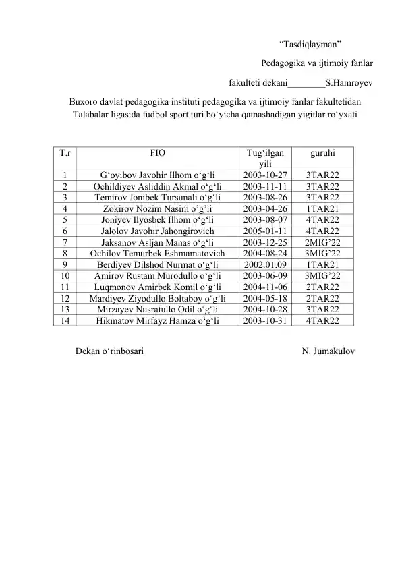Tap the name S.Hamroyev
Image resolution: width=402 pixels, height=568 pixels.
[349, 84]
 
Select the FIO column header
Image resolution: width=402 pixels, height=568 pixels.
[157, 154]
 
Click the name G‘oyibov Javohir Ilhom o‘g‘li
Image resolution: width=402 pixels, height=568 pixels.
[157, 175]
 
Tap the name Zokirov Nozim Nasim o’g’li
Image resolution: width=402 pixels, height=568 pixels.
[157, 208]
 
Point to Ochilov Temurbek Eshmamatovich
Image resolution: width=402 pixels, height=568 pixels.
[157, 253]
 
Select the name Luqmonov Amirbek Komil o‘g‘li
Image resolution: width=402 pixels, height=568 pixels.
[157, 286]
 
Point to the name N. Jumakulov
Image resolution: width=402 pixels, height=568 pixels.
[330, 352]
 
